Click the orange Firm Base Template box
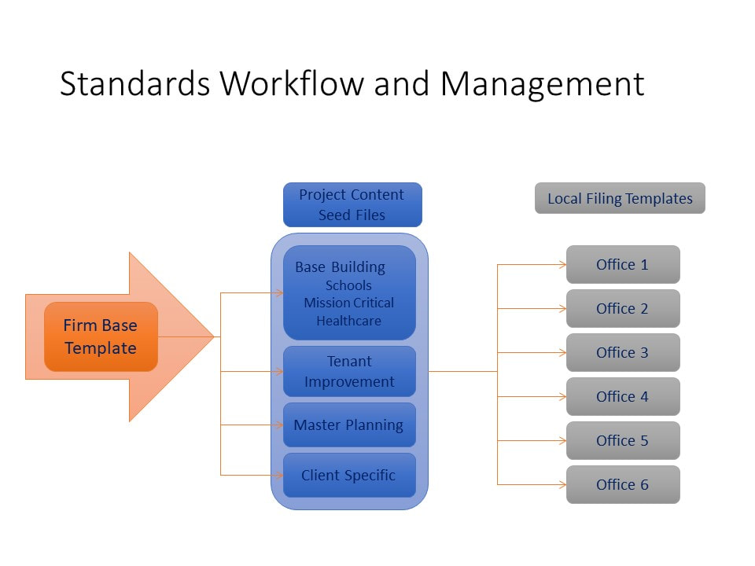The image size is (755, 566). coord(101,336)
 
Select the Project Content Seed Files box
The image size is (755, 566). coord(352,204)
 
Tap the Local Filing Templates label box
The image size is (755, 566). coord(620,198)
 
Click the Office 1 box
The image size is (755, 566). coord(623,264)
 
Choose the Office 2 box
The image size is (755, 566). coord(623,308)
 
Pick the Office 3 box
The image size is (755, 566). coord(623,352)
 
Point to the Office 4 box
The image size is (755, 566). coord(623,396)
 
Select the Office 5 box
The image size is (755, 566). coord(623,440)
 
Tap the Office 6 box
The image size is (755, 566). coord(623,485)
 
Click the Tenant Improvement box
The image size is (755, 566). coord(349,372)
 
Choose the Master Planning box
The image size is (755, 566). coord(349,425)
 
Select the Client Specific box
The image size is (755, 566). coord(349,476)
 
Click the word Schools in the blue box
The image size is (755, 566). coord(348,285)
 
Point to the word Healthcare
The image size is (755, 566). coord(348,321)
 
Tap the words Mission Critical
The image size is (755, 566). coord(348,303)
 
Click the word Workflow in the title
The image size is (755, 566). coord(293,83)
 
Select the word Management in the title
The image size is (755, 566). coord(542,85)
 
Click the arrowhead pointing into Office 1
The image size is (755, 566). coord(562,264)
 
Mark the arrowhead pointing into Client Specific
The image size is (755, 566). coord(279,476)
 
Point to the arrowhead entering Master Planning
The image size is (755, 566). coord(279,425)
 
